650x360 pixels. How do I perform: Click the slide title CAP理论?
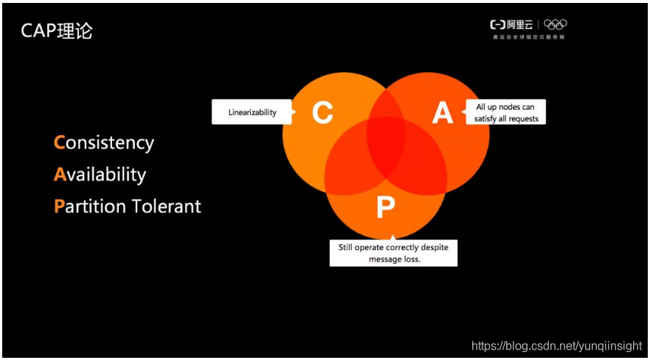coord(56,31)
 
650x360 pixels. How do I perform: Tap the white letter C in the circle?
coord(322,113)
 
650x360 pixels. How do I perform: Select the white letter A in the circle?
coord(442,113)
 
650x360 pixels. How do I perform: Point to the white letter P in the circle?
coord(385,207)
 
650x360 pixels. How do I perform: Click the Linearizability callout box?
coord(252,112)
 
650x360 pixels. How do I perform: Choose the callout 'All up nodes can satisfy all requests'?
coord(506,113)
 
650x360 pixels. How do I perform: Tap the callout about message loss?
coord(393,253)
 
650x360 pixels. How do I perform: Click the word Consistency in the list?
coord(104,142)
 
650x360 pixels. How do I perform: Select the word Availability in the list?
coord(100,175)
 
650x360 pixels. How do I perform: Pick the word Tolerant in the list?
coord(166,207)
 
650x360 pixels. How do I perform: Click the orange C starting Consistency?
coord(60,142)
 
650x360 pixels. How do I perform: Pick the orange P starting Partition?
coord(59,207)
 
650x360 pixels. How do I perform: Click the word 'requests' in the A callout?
coord(523,119)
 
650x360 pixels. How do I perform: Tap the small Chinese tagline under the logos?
coord(529,36)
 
